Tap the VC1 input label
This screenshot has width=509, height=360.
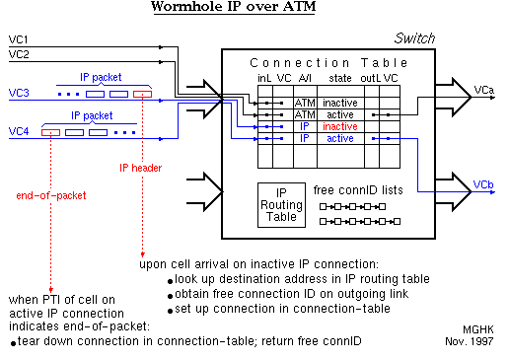click(19, 40)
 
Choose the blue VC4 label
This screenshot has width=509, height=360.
click(19, 130)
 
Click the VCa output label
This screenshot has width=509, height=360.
click(484, 90)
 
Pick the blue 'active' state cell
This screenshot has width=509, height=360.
click(340, 139)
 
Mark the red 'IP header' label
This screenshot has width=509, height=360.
click(140, 168)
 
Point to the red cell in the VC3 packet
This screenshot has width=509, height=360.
click(143, 95)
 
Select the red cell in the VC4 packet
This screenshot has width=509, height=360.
click(50, 131)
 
